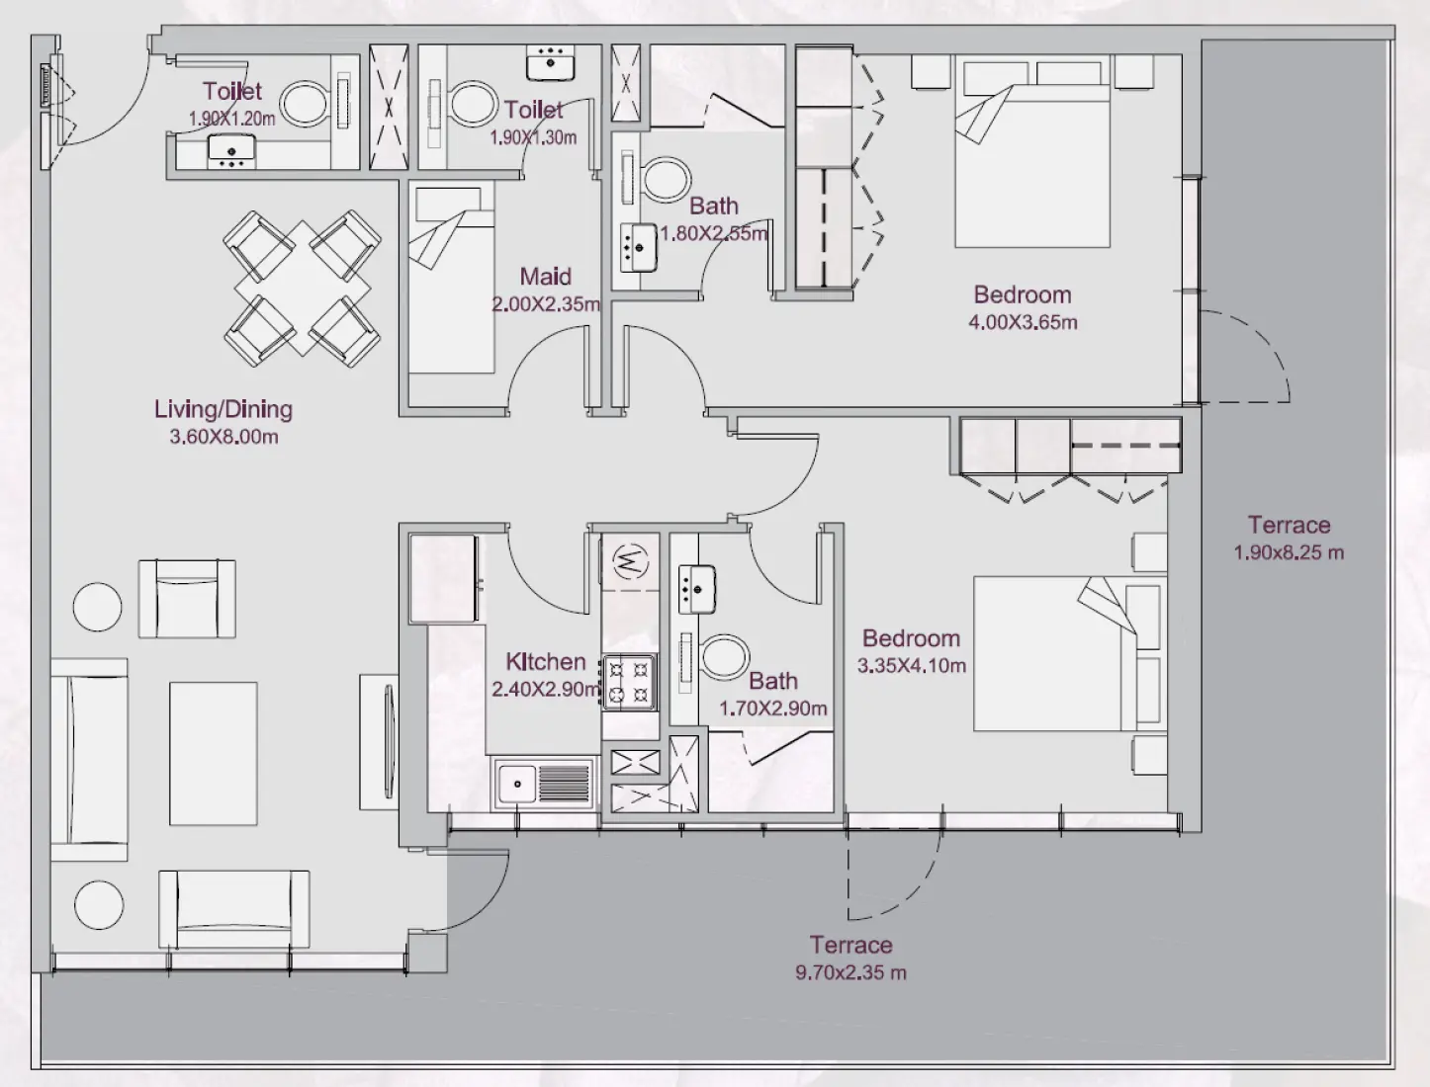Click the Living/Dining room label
223,409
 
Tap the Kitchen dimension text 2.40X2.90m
546,690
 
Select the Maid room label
545,277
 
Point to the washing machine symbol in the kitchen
629,562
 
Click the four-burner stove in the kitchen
630,682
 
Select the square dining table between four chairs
303,289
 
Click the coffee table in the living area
213,753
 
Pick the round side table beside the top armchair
98,607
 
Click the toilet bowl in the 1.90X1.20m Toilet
306,103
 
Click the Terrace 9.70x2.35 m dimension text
850,973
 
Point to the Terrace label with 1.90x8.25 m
1288,526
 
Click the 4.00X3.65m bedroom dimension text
1023,322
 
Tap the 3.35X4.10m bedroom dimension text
911,666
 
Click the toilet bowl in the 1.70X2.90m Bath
724,657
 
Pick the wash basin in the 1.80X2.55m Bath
640,247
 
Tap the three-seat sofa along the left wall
89,759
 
